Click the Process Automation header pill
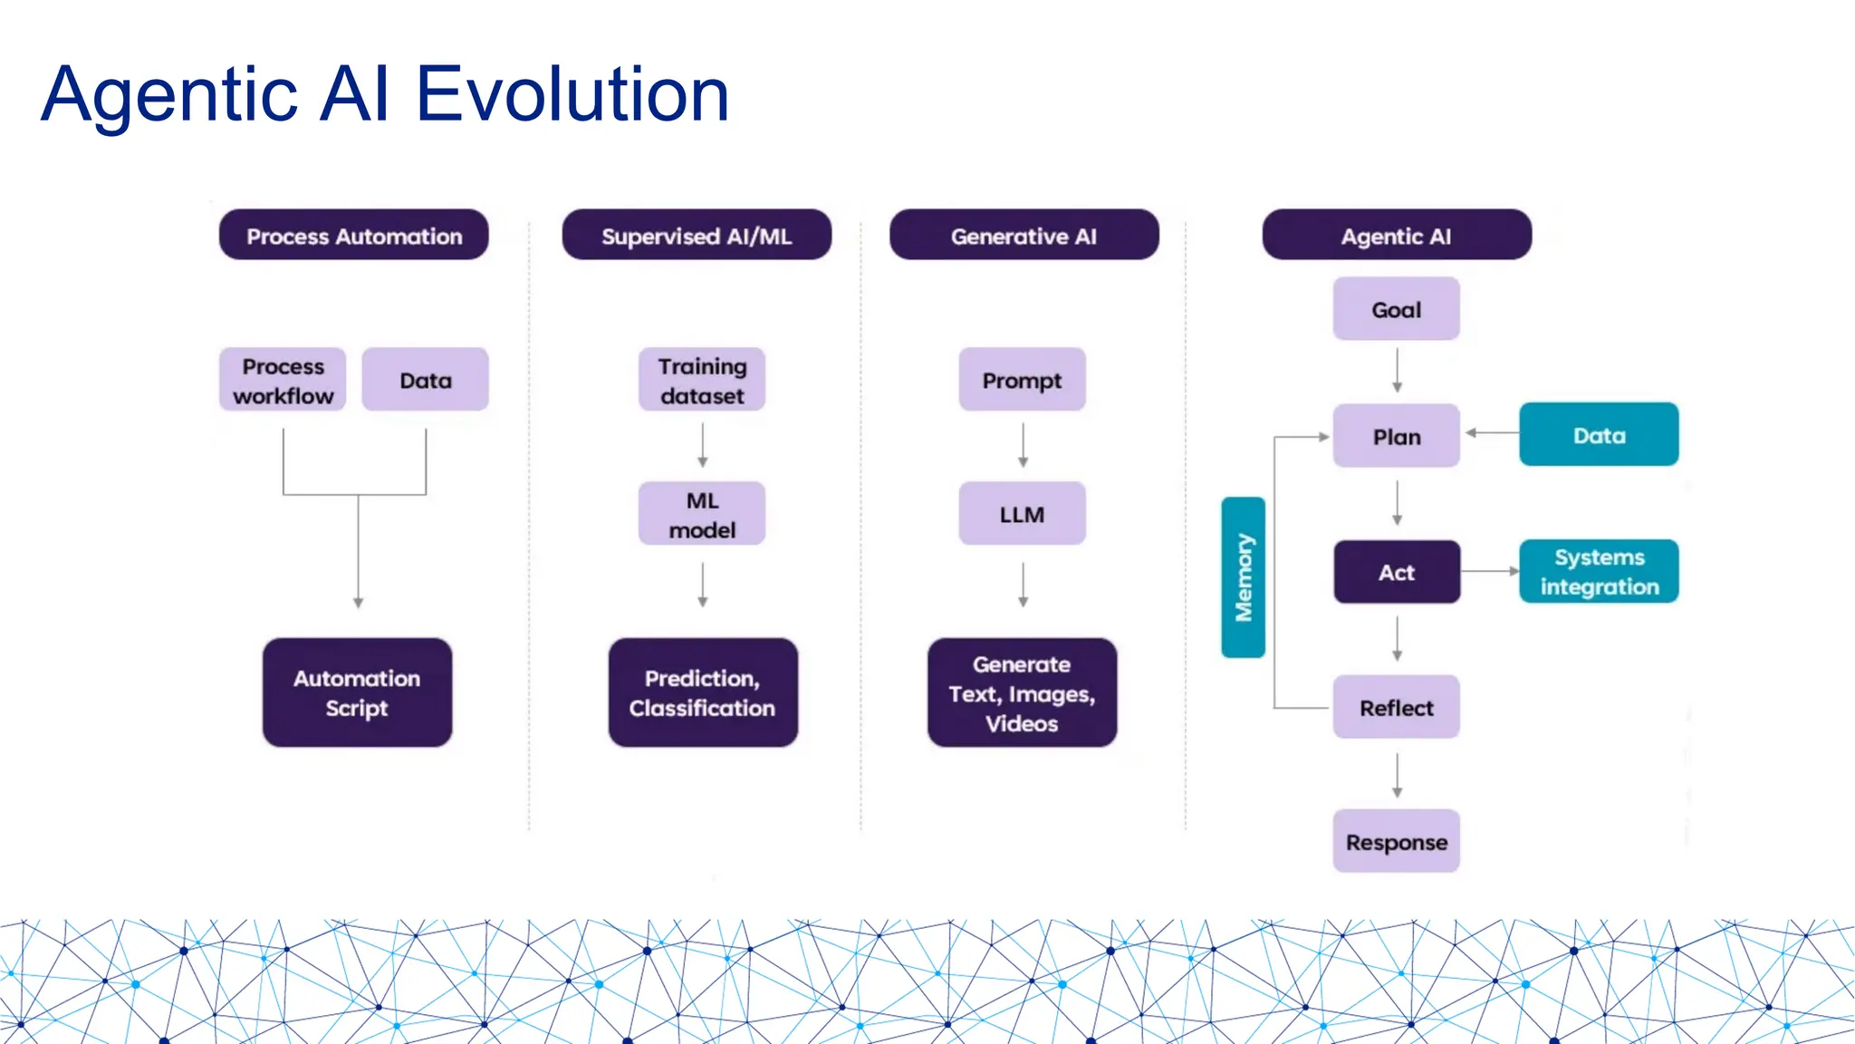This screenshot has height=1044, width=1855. [353, 236]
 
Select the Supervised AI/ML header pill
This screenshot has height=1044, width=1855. [696, 236]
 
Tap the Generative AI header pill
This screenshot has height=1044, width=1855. [1024, 236]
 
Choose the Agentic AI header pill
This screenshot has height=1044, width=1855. [1396, 236]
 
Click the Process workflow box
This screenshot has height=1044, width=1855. [283, 381]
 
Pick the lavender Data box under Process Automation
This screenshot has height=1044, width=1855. [425, 381]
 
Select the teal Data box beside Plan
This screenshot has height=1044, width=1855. [1598, 435]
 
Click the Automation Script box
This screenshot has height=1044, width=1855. [357, 692]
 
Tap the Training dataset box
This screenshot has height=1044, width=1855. [702, 381]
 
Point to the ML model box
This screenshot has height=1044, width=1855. [702, 514]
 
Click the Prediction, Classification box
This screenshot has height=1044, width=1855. [702, 692]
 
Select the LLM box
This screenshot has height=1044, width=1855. [1022, 514]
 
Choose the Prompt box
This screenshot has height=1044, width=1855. [1022, 381]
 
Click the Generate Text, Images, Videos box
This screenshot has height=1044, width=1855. [1022, 692]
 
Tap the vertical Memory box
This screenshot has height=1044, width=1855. [1243, 577]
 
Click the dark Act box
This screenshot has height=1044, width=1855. [1396, 572]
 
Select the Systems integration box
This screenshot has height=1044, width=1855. [1598, 572]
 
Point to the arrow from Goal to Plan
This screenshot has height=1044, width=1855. [1397, 370]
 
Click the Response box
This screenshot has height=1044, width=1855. [1396, 842]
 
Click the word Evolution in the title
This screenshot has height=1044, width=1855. [572, 94]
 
